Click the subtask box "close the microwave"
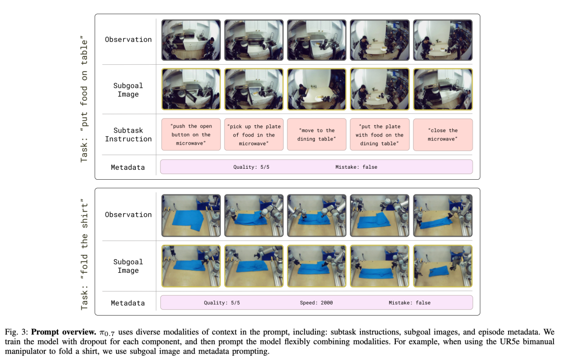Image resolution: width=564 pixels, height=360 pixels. pyautogui.click(x=443, y=135)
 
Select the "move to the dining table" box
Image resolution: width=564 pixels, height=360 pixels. pyautogui.click(x=316, y=135)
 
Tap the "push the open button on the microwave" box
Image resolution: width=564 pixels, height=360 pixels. pyautogui.click(x=191, y=135)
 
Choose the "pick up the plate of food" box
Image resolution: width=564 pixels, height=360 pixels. pyautogui.click(x=254, y=135)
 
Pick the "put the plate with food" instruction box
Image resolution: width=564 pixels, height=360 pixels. pyautogui.click(x=380, y=135)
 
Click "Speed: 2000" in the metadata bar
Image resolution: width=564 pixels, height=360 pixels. pyautogui.click(x=316, y=303)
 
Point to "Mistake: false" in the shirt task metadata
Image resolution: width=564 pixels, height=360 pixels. pyautogui.click(x=409, y=303)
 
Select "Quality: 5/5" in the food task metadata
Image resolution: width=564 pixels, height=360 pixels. pyautogui.click(x=251, y=167)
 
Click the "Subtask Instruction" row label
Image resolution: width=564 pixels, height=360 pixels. pyautogui.click(x=128, y=135)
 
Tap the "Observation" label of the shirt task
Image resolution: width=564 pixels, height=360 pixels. pyautogui.click(x=128, y=215)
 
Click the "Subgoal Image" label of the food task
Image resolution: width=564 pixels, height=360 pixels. pyautogui.click(x=128, y=90)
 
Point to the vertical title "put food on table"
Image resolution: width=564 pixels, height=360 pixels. pyautogui.click(x=84, y=99)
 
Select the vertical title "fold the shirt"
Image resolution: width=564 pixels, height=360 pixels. pyautogui.click(x=84, y=254)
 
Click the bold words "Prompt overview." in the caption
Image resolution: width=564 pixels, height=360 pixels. pyautogui.click(x=64, y=332)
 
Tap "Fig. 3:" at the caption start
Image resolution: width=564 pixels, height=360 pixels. pyautogui.click(x=17, y=332)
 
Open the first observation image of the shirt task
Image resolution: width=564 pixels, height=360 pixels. pyautogui.click(x=191, y=216)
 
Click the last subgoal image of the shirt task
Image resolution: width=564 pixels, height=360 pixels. pyautogui.click(x=443, y=266)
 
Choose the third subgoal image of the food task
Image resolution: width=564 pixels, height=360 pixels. pyautogui.click(x=316, y=89)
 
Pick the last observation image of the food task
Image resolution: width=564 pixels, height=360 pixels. pyautogui.click(x=443, y=40)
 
